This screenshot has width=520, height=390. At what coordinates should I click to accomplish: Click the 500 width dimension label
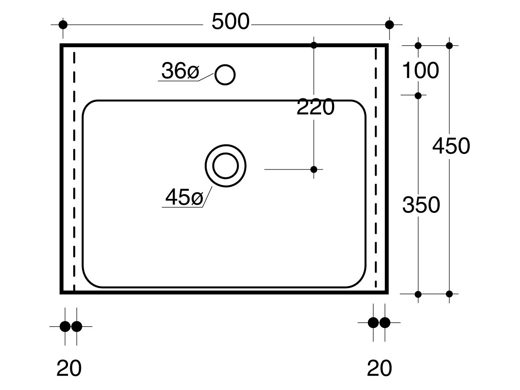231,22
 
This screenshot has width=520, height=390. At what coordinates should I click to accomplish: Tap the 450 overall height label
451,146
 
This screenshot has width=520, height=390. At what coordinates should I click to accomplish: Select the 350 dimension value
421,205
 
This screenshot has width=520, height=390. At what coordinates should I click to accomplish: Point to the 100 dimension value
420,70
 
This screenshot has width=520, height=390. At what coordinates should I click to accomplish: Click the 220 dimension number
315,107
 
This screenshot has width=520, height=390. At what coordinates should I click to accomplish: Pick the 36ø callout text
180,71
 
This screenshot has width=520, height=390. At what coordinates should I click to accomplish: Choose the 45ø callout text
184,197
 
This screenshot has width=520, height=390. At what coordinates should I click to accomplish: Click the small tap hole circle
225,75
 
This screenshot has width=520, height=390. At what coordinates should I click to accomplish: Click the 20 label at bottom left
69,368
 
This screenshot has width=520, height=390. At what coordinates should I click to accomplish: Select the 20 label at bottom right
379,368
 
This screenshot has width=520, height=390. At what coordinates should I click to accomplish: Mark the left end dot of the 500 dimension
63,25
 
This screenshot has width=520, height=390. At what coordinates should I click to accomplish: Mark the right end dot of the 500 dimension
390,25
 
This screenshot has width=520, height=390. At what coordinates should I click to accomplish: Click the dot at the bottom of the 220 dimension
314,169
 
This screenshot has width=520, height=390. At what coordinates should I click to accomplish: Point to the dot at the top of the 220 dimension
314,45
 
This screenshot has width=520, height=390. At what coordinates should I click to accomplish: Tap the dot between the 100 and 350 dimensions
418,96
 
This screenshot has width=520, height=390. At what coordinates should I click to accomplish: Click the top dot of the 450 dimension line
449,45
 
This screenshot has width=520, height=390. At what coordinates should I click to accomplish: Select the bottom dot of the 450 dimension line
449,294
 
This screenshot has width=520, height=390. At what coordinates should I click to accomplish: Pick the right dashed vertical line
376,168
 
